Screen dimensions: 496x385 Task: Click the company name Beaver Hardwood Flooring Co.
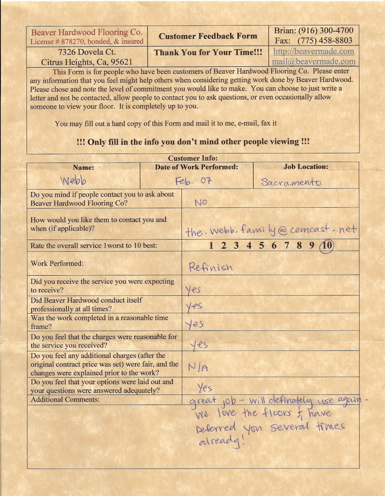[87, 32]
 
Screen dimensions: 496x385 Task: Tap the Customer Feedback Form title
[208, 36]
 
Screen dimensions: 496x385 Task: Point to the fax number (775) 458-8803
[325, 41]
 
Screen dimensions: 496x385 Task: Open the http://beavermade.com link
[314, 51]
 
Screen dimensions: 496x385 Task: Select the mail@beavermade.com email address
[314, 62]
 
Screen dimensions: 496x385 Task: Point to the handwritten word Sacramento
[291, 182]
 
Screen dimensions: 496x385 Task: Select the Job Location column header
[306, 167]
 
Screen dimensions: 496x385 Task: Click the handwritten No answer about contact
[201, 203]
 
